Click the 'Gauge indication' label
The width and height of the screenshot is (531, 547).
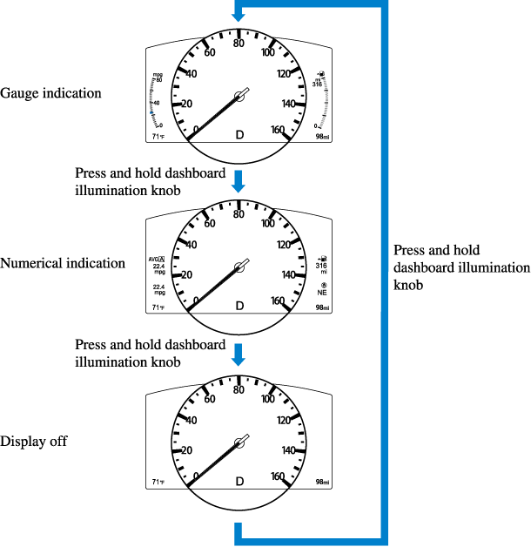[x=50, y=93]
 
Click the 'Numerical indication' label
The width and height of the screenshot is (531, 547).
[x=63, y=263]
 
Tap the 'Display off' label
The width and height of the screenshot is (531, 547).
[x=34, y=442]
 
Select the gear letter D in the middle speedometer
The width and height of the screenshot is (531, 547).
[x=239, y=306]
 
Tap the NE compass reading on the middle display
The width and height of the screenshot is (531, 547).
[x=322, y=294]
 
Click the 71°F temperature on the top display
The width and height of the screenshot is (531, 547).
[x=158, y=137]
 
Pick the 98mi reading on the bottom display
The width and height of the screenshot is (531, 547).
[x=321, y=482]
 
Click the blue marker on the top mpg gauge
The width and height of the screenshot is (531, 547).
[x=152, y=113]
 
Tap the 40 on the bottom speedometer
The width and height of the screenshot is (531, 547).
[x=192, y=420]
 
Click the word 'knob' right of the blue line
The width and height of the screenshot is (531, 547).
[x=409, y=285]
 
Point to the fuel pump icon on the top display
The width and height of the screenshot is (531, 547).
[x=323, y=73]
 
